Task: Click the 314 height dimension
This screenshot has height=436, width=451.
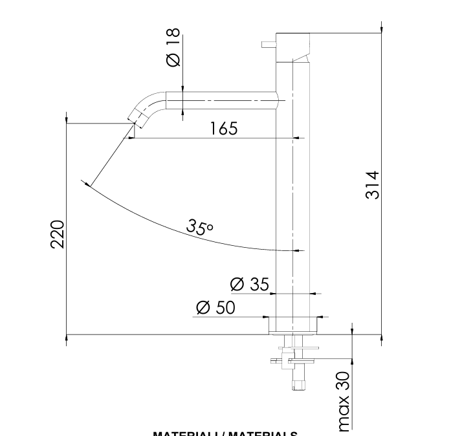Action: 372,184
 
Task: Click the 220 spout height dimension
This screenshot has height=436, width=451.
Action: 58,234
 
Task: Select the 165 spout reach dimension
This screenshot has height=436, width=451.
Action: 224,128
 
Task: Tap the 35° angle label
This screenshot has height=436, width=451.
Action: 199,226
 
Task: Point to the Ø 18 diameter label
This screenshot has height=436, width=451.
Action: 173,49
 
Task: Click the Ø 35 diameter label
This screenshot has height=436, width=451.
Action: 249,284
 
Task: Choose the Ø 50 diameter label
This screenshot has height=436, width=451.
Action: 215,308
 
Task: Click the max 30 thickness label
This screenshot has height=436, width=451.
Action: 344,401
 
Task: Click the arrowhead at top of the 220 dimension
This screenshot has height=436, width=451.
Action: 67,118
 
